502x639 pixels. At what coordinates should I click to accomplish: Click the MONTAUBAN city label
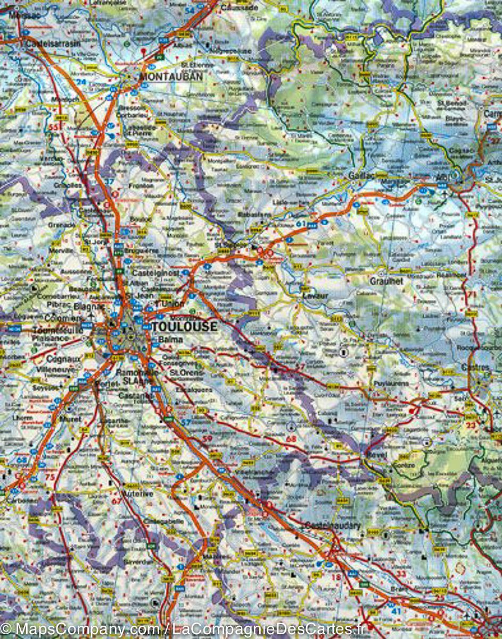[x=163, y=77]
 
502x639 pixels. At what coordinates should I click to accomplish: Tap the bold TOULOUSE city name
[x=185, y=326]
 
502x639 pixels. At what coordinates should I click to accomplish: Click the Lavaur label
[x=314, y=294]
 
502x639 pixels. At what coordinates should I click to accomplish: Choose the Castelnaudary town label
[x=333, y=526]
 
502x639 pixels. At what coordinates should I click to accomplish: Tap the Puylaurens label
[x=391, y=383]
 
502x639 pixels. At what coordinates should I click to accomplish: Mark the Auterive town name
[x=137, y=494]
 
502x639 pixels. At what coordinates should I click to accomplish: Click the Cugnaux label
[x=63, y=359]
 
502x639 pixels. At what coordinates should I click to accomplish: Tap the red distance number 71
[x=471, y=294]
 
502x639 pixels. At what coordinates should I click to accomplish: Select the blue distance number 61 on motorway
[x=302, y=224]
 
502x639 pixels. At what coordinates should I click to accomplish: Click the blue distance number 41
[x=396, y=611]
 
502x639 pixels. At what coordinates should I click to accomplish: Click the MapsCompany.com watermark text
[x=80, y=629]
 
